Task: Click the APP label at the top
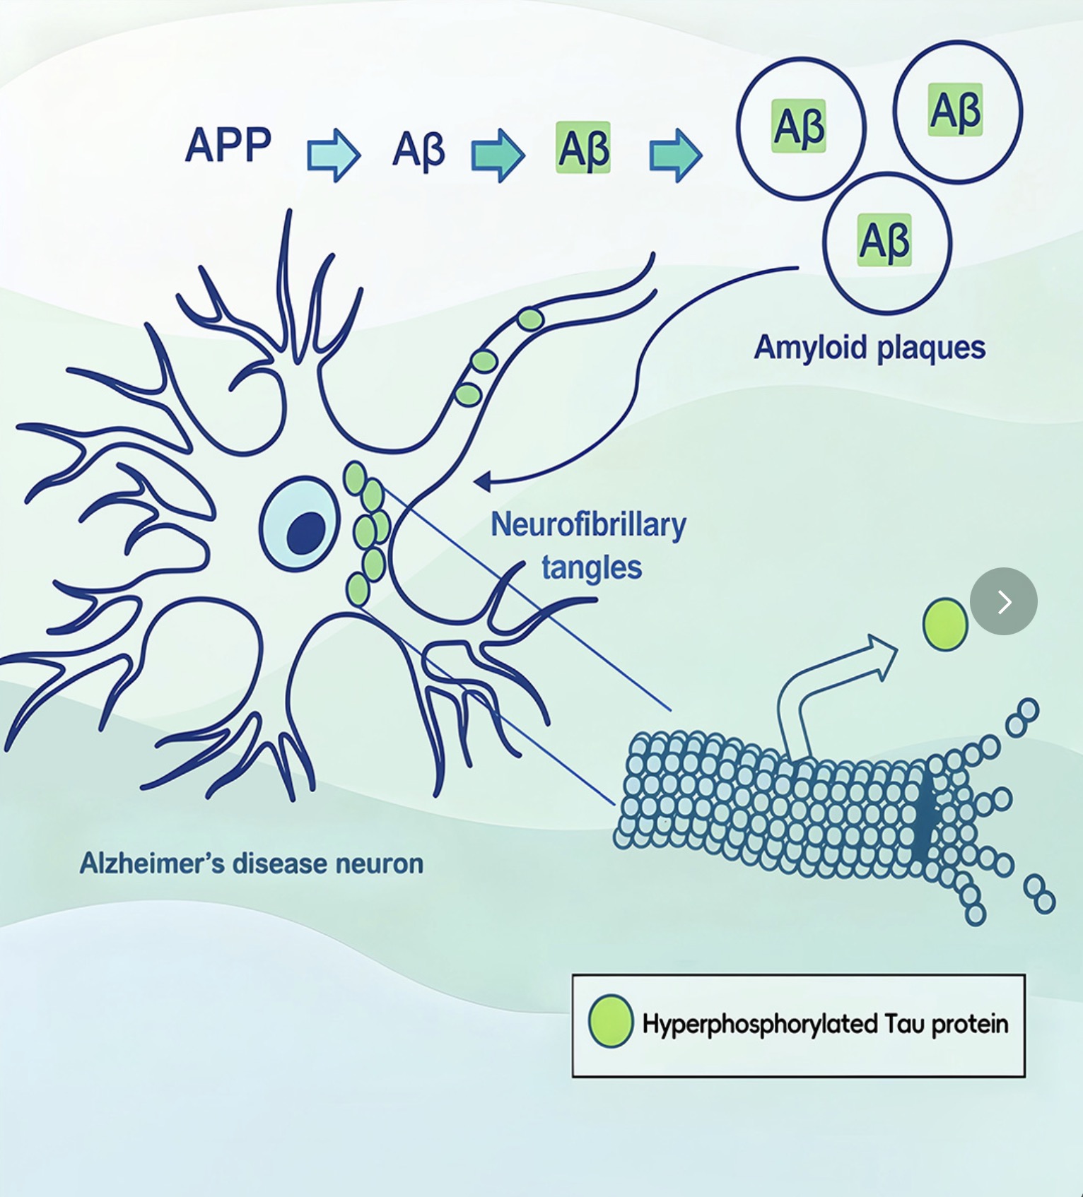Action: pyautogui.click(x=228, y=146)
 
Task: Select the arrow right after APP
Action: pyautogui.click(x=333, y=155)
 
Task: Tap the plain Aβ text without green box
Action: pyautogui.click(x=418, y=150)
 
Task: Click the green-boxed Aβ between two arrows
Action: pyautogui.click(x=583, y=148)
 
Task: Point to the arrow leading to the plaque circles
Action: pyautogui.click(x=675, y=155)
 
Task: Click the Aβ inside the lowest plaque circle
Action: pyautogui.click(x=884, y=240)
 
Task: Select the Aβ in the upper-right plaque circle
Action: pyautogui.click(x=956, y=110)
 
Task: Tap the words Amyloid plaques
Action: pyautogui.click(x=870, y=348)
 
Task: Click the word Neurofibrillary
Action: pyautogui.click(x=588, y=525)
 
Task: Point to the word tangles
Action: pyautogui.click(x=592, y=567)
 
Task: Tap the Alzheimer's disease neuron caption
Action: pyautogui.click(x=251, y=863)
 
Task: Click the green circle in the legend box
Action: pyautogui.click(x=611, y=1020)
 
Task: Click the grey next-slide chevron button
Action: pyautogui.click(x=1003, y=601)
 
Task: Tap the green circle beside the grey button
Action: pyautogui.click(x=944, y=624)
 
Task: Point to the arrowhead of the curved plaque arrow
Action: pyautogui.click(x=483, y=482)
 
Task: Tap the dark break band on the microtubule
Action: pyautogui.click(x=923, y=813)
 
